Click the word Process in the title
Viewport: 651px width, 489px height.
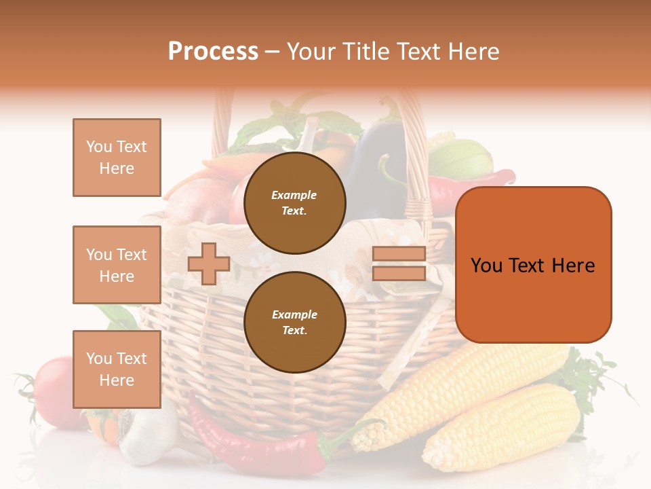click(x=213, y=52)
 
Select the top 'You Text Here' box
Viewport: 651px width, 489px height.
click(x=117, y=158)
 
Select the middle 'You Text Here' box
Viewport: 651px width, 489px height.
click(x=117, y=265)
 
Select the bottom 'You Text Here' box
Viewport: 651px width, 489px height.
click(x=117, y=369)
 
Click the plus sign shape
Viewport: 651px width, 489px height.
click(x=209, y=264)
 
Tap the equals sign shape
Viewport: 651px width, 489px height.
click(x=399, y=264)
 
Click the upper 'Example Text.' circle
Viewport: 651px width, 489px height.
click(x=294, y=203)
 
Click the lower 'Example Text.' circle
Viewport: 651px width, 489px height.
click(x=294, y=322)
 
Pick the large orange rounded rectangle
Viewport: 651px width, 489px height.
click(x=533, y=265)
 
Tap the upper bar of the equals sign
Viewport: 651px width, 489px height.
click(x=399, y=254)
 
